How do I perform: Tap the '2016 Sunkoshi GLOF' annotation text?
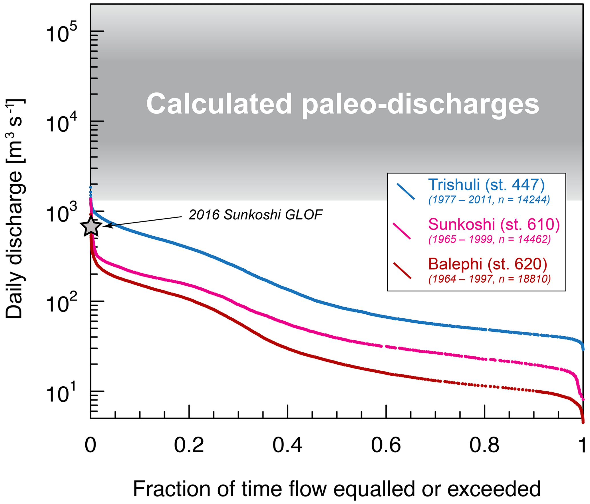(x=255, y=215)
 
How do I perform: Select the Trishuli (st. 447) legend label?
(x=486, y=185)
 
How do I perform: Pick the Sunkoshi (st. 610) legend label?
(x=494, y=224)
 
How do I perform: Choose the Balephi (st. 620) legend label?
(x=488, y=264)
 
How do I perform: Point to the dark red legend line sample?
(x=402, y=270)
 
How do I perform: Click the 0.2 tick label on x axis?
(x=189, y=445)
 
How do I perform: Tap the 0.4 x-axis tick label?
(x=287, y=445)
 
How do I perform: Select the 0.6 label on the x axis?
(x=386, y=445)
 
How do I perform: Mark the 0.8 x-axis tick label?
(x=484, y=445)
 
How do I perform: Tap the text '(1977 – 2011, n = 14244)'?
(x=489, y=200)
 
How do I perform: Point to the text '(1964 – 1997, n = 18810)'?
(x=490, y=279)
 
